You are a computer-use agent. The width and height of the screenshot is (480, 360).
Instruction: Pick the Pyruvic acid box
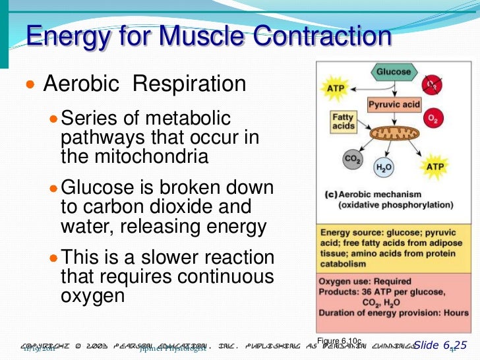point(394,104)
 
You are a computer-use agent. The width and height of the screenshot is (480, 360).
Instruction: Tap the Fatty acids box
point(343,121)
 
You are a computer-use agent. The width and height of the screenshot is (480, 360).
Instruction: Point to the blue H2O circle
point(384,168)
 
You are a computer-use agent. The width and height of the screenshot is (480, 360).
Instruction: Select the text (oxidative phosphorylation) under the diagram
point(394,206)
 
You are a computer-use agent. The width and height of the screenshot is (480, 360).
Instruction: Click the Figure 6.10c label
point(339,340)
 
